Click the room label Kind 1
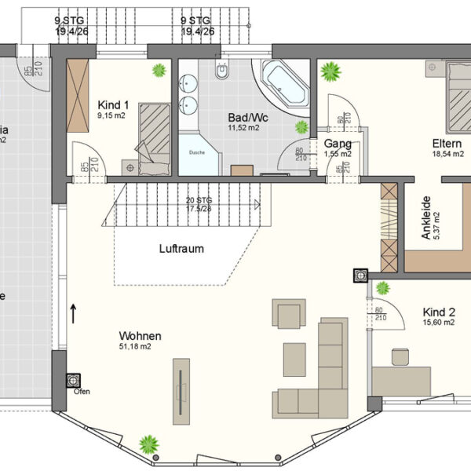pos(114,104)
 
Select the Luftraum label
pos(181,249)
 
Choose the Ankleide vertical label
pos(426,217)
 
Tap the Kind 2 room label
pos(439,311)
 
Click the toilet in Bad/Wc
pos(221,73)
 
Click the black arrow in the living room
pos(73,313)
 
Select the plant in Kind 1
pos(159,70)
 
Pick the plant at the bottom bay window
pos(148,445)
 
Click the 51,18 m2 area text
pos(135,345)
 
